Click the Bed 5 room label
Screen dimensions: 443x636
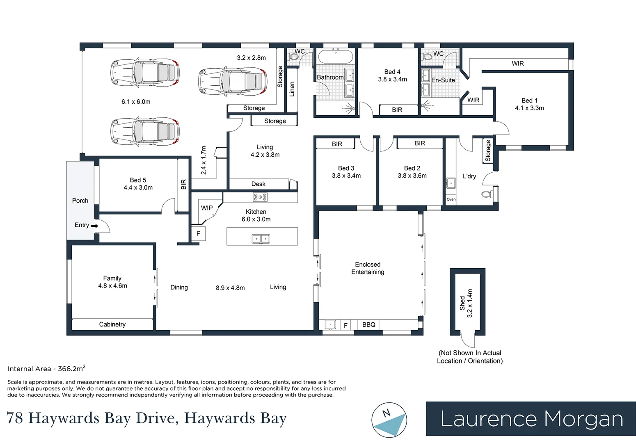(138, 180)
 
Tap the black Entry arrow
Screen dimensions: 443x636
(95, 226)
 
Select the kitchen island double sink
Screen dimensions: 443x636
(261, 238)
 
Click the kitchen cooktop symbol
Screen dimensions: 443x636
(260, 197)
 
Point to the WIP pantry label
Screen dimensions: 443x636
(207, 208)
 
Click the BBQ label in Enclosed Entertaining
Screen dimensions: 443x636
(368, 324)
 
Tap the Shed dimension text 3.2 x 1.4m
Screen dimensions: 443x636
(470, 303)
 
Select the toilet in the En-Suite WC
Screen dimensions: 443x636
(427, 57)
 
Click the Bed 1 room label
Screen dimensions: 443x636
(529, 100)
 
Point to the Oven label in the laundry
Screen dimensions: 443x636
(451, 199)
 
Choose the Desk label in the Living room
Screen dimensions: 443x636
(258, 184)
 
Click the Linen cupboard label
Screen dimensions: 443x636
(292, 89)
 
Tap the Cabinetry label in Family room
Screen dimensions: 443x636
(112, 324)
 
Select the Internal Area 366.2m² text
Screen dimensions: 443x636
(46, 369)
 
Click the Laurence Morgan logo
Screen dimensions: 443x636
(531, 419)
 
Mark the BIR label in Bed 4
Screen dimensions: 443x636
(397, 110)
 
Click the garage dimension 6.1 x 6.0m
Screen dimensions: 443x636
(136, 102)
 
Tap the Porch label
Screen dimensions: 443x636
(80, 201)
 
